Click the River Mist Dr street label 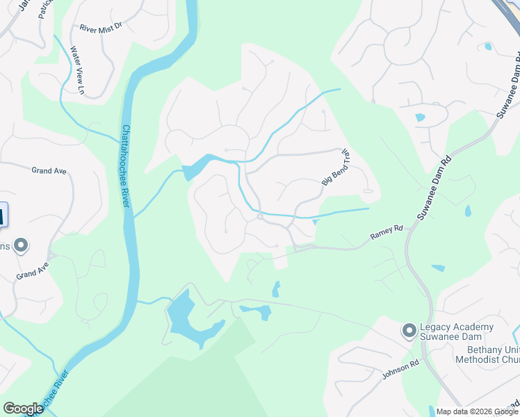(100, 28)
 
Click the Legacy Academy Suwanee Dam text (457, 332)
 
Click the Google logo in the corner (23, 408)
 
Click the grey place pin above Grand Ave (21, 245)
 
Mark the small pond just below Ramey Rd (438, 268)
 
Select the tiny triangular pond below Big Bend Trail (315, 222)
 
